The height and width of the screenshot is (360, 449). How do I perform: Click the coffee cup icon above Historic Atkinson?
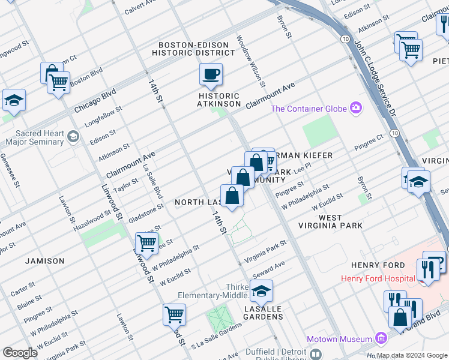[211, 74]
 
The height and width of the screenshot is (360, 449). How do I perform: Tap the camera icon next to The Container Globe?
[357, 108]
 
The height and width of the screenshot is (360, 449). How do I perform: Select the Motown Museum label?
[339, 339]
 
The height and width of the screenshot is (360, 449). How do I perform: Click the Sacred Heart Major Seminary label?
[34, 137]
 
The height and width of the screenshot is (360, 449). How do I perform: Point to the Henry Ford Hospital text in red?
[378, 278]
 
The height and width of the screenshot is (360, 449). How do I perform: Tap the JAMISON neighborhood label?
[44, 261]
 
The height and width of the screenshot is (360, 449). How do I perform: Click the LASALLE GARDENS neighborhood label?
[263, 312]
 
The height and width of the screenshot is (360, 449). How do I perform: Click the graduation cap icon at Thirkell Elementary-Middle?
[261, 291]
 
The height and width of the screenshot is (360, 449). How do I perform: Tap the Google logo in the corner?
[20, 353]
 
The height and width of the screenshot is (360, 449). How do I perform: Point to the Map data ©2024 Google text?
[412, 355]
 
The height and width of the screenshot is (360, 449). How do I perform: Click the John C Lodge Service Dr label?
[375, 79]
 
